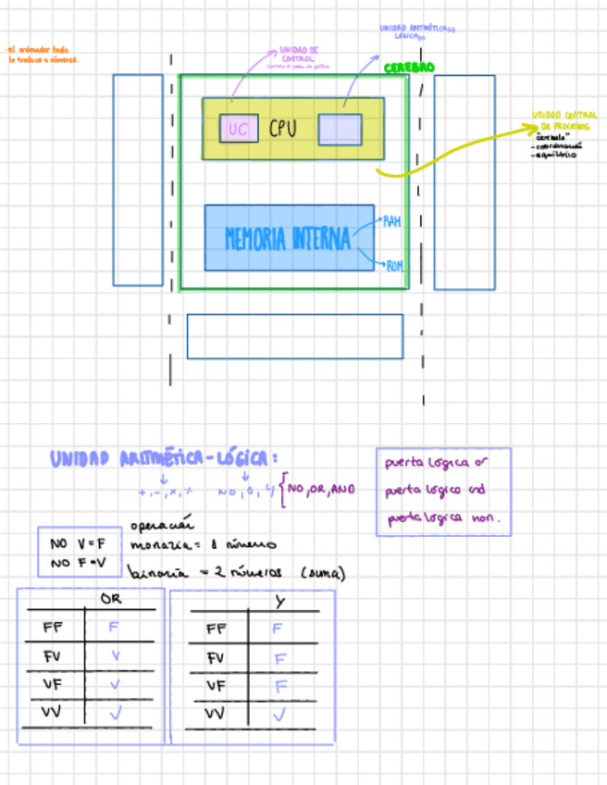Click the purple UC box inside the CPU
pos(239,129)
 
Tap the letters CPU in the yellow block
pos(283,129)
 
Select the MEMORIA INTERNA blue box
pos(289,238)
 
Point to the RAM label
pos(392,222)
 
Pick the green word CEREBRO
pos(409,68)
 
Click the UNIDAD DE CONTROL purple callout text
pos(299,54)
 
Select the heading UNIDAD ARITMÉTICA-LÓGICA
pos(164,458)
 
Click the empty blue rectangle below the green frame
pos(294,336)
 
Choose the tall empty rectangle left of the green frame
pos(138,180)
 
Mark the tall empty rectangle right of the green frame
pos(465,182)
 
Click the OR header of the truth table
pos(110,599)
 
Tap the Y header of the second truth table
pos(279,601)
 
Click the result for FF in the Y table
pos(278,629)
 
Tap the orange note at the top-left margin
pos(43,55)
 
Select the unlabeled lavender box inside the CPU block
pos(340,130)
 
